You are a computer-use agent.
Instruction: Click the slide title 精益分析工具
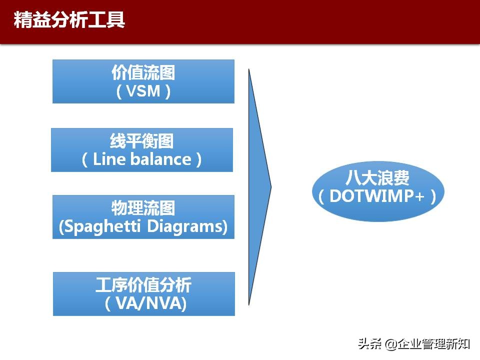tap(69, 20)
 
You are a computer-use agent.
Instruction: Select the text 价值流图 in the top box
tap(143, 73)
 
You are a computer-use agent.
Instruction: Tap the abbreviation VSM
tap(143, 91)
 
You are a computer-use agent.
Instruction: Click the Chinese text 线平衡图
tap(142, 141)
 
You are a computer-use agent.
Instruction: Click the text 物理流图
tap(143, 208)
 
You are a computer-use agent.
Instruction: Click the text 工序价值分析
tap(143, 285)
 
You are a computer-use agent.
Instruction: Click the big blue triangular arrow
tap(257, 187)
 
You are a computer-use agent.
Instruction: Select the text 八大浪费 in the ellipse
tap(377, 178)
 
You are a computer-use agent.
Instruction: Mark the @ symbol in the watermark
tap(390, 344)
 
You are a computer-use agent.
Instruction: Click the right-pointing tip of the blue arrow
tap(270, 187)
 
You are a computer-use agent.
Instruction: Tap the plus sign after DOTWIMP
tap(420, 196)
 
